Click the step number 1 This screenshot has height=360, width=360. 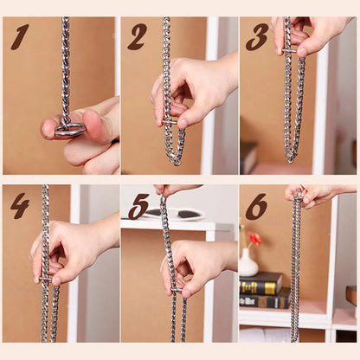pos(20,37)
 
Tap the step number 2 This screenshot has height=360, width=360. pos(137,37)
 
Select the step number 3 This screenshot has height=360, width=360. pos(257,37)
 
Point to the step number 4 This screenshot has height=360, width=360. pos(20,205)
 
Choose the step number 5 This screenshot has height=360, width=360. pos(138,206)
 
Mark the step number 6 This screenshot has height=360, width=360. pos(256,206)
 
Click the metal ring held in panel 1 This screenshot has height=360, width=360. pos(70,129)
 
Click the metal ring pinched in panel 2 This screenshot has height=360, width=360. pos(170,122)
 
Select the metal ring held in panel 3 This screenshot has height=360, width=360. pos(289,51)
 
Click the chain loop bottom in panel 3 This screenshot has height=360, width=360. pos(290,158)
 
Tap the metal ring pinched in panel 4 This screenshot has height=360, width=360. pos(46,280)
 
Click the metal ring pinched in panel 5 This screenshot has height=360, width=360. pos(177,290)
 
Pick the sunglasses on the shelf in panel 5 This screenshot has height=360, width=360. pos(174,214)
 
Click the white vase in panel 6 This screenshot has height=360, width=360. pos(247,263)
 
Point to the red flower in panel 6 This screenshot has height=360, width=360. pos(255,239)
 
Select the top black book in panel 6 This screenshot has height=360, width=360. pos(261,283)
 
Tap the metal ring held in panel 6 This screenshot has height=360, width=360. pos(299,193)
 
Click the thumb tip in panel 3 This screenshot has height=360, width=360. pos(302,52)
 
